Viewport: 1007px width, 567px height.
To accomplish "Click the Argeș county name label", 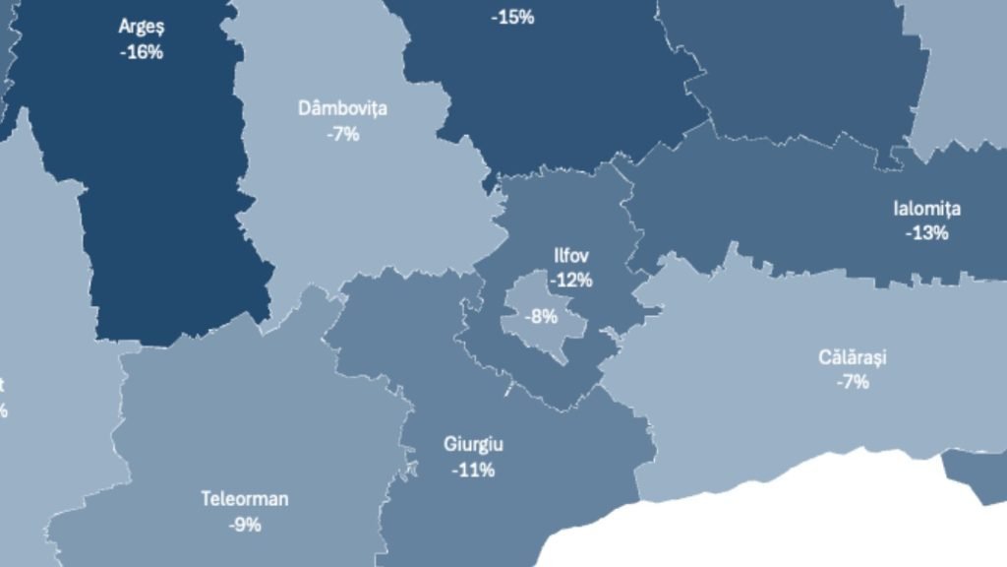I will point(141,27).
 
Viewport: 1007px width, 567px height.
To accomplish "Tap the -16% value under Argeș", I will point(141,52).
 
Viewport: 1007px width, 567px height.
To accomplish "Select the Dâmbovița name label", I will point(342,108).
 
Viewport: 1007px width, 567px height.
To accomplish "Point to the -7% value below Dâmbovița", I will point(342,134).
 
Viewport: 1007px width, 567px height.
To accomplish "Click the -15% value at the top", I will point(516,17).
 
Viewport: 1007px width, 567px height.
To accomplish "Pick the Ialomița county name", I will point(926,209).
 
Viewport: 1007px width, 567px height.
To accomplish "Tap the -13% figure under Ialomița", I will point(926,233).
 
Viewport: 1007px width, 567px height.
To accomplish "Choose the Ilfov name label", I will point(571,256).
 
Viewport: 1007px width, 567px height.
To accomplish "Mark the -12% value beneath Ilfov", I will point(571,281).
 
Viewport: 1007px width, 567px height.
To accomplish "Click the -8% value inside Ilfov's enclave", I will point(541,317).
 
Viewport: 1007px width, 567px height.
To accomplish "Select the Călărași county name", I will point(853,357).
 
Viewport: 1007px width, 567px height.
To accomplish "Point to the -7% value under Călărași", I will point(853,382).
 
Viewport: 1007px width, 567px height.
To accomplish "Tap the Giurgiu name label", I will point(473,445).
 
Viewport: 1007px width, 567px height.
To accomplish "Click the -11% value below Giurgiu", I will point(473,470).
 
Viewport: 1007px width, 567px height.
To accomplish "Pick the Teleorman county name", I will point(245,499).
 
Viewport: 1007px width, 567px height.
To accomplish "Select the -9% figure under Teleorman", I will point(245,525).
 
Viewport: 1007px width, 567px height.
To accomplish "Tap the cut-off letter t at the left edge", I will point(3,385).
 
